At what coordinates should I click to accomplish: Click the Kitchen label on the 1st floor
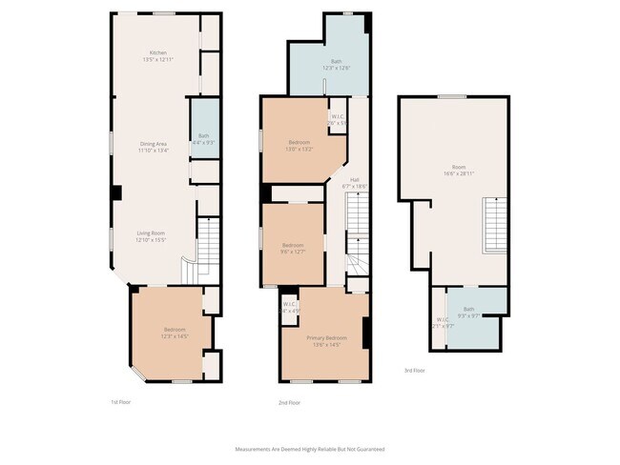158,55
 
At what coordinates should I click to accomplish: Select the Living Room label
152,236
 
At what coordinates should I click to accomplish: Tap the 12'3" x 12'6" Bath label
329,66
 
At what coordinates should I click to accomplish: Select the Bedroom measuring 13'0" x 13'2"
299,145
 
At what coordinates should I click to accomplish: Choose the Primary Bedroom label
326,341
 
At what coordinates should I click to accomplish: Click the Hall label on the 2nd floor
354,183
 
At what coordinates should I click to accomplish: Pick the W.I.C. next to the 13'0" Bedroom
337,121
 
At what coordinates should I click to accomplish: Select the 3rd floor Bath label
468,312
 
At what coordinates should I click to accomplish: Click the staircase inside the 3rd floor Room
496,222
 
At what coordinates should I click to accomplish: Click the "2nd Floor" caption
290,403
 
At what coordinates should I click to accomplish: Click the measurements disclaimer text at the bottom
310,448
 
